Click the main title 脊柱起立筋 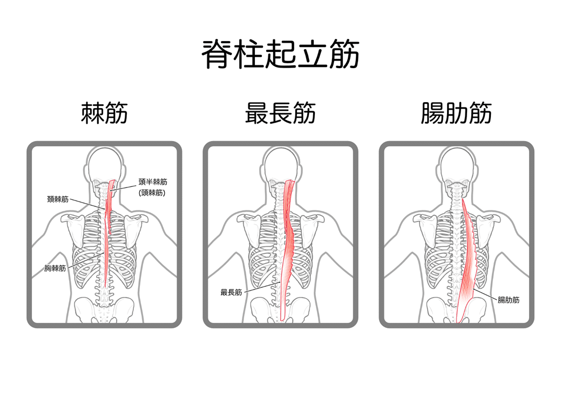click(281, 55)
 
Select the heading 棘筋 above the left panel click(104, 113)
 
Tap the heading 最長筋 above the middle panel click(280, 113)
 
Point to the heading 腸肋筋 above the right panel click(456, 113)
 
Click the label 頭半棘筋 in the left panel click(153, 182)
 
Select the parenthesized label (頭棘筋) click(152, 193)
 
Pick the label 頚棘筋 click(58, 199)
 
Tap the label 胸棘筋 click(55, 268)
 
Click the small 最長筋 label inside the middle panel click(231, 292)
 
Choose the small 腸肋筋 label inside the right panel click(509, 300)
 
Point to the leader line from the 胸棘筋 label click(85, 260)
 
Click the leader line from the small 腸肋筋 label click(485, 293)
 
